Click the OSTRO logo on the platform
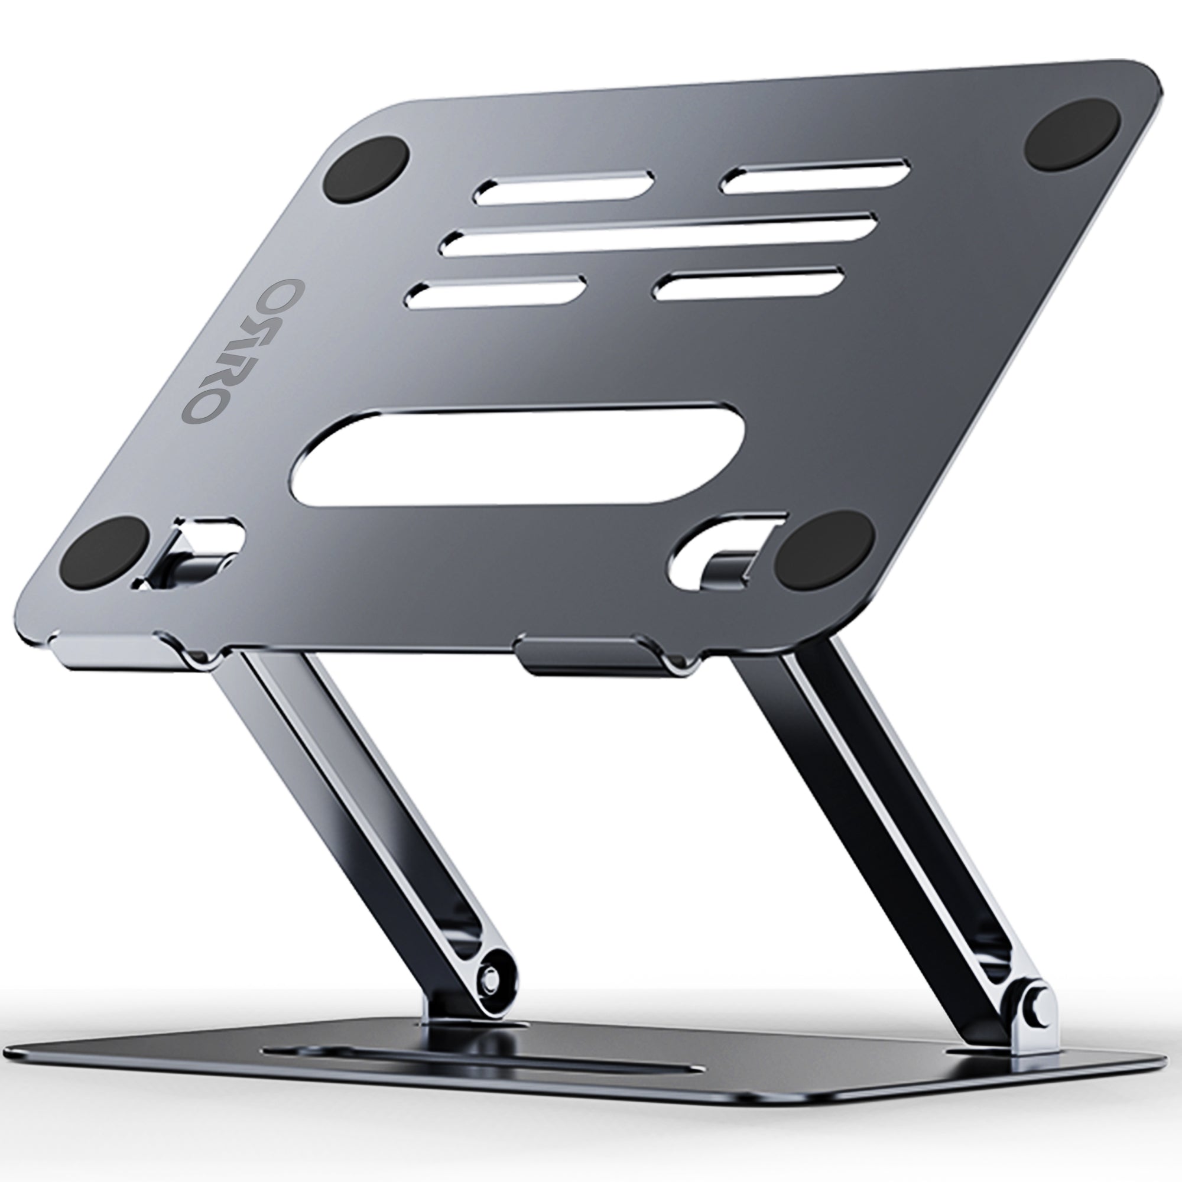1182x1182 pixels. [x=206, y=350]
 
